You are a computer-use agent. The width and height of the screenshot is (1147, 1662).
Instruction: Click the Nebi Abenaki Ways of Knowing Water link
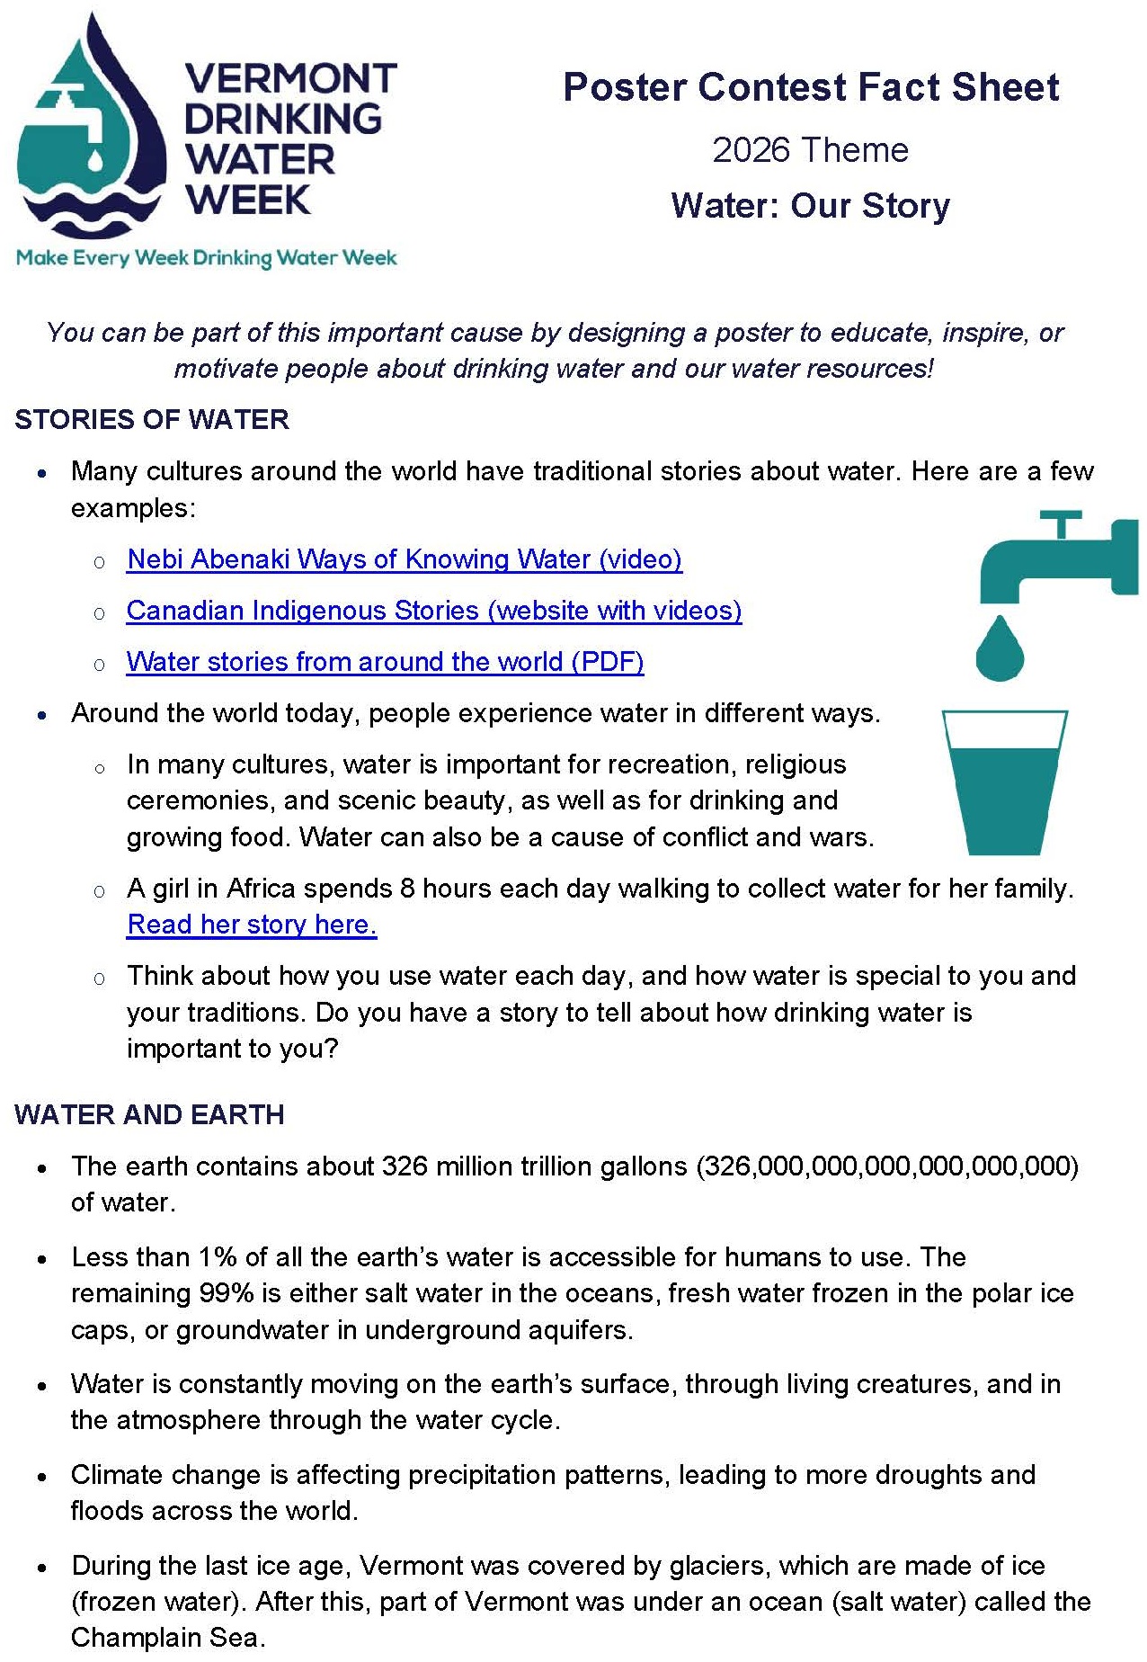(x=405, y=559)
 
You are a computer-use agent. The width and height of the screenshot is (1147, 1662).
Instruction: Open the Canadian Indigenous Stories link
(x=434, y=611)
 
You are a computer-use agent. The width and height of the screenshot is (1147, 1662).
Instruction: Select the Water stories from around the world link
(x=385, y=662)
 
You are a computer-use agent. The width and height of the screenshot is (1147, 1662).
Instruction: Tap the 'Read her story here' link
(x=252, y=925)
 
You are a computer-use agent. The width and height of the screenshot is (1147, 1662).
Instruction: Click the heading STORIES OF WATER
(x=152, y=420)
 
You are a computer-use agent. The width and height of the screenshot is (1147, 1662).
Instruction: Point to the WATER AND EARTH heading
(x=149, y=1115)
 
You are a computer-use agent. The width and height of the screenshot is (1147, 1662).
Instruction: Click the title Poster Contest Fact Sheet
(x=811, y=87)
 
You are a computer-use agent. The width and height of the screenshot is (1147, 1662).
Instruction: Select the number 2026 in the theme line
(x=751, y=150)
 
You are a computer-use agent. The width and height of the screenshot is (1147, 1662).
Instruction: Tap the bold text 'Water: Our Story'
(x=810, y=206)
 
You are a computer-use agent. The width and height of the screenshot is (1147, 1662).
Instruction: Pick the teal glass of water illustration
(x=1004, y=782)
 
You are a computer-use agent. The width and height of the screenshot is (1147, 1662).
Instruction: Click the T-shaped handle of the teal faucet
(x=1062, y=523)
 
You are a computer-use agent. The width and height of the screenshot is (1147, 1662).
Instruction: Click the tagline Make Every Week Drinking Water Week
(x=207, y=259)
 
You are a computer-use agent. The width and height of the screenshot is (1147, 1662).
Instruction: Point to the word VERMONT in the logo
(x=290, y=79)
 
